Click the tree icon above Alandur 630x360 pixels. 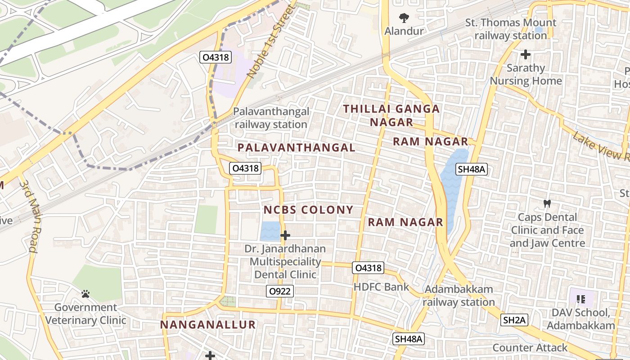(x=404, y=18)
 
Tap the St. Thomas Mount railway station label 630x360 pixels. (x=511, y=29)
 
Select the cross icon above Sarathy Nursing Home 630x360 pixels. (x=525, y=55)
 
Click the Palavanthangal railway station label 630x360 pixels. (x=271, y=118)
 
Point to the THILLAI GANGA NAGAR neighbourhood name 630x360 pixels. (x=391, y=115)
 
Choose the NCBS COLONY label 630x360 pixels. (x=308, y=210)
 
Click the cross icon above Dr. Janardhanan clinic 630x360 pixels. (x=285, y=235)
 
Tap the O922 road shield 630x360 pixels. (x=280, y=291)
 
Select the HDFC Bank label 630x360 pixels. (x=381, y=287)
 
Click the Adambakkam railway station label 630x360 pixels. (x=459, y=296)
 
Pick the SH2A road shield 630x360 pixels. (x=514, y=320)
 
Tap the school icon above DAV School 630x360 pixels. (x=580, y=299)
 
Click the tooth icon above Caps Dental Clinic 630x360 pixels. (x=547, y=203)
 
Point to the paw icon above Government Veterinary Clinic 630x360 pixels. (x=85, y=294)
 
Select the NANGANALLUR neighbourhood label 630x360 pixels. (x=208, y=324)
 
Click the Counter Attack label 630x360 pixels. (x=530, y=347)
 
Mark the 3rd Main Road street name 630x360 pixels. (x=28, y=216)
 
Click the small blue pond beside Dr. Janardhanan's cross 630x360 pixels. (x=270, y=231)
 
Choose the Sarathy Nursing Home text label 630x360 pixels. (x=526, y=75)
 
